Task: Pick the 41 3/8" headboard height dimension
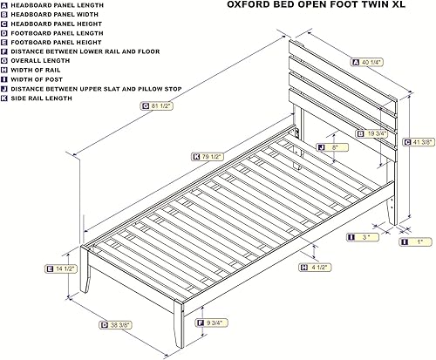pos(422,141)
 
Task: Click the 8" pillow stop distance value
pos(334,148)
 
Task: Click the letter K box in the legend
pos(5,99)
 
